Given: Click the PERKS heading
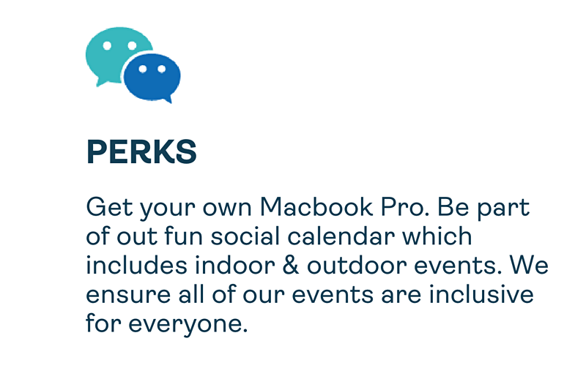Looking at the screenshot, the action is coord(141,151).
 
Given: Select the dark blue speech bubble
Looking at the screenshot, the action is coord(152,78).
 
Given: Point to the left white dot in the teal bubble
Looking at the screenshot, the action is coord(107,45).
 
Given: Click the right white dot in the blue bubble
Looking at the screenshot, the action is coord(161,69).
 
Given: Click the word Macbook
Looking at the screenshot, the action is coord(316,207).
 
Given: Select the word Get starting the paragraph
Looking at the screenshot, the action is coord(109,207).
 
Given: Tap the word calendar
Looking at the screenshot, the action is coord(341,236).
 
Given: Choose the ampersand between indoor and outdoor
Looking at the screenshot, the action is coord(291,266).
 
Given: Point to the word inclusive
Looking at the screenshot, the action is coord(481,294).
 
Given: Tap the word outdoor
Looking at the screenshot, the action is coord(357,266).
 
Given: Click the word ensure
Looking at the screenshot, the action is coord(128,295).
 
